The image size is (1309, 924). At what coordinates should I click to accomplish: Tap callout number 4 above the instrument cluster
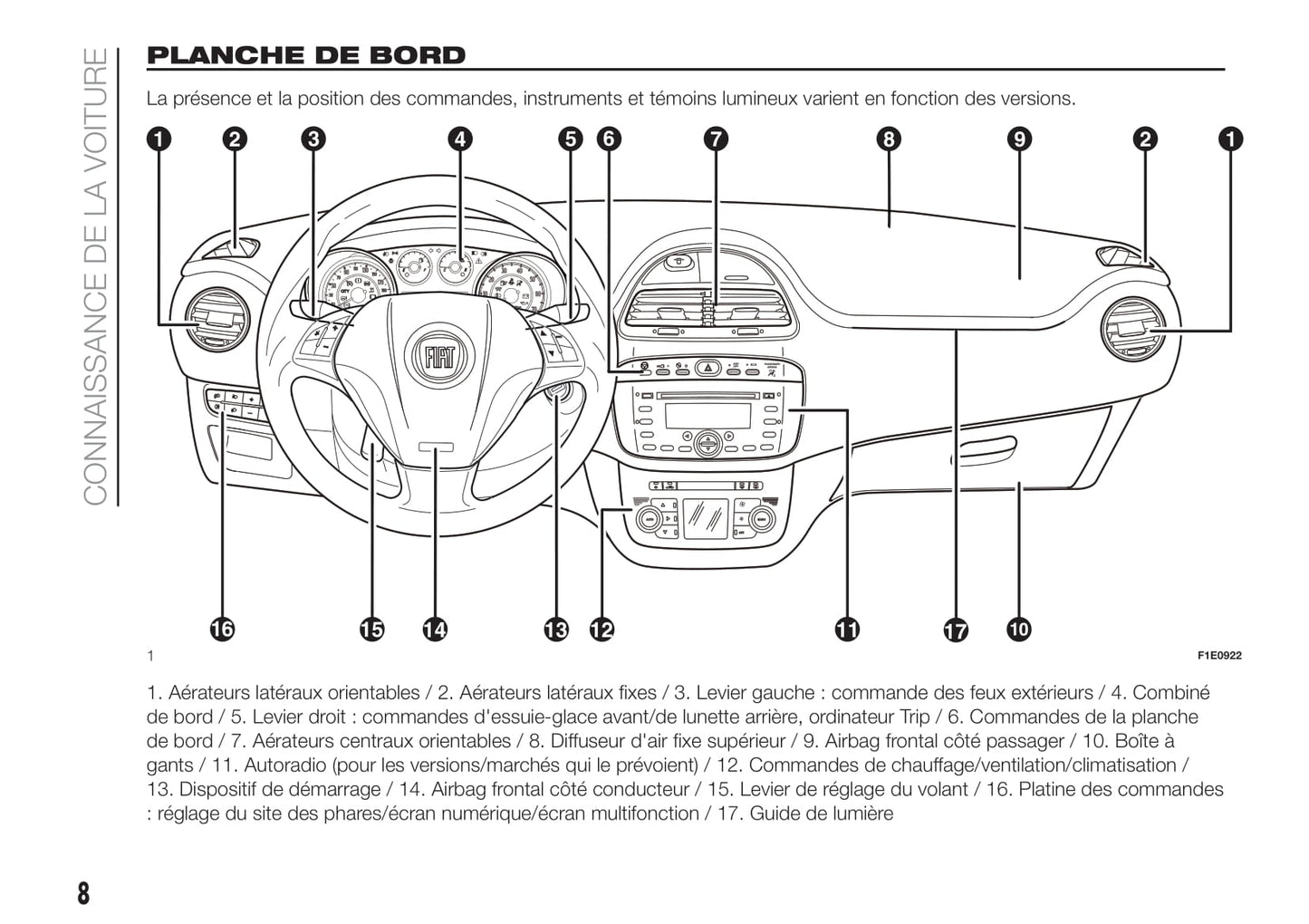[460, 139]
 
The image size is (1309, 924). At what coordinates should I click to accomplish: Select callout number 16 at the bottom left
[222, 629]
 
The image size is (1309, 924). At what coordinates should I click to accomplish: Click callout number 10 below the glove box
[1018, 629]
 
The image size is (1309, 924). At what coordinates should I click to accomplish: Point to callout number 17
[956, 630]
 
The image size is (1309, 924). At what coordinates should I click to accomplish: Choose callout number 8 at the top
[888, 139]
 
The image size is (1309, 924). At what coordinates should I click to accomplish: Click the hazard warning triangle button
[708, 368]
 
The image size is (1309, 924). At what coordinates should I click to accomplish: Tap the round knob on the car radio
[707, 443]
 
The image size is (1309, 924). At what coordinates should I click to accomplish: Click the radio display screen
[707, 415]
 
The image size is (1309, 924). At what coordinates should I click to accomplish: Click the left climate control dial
[648, 519]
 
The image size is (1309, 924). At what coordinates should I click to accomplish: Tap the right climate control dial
[760, 519]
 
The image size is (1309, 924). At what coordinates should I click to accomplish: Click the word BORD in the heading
[418, 55]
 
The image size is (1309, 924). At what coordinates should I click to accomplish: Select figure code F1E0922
[1219, 655]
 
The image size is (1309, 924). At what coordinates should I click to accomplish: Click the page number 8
[83, 893]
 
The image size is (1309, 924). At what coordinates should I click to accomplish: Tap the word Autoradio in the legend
[284, 765]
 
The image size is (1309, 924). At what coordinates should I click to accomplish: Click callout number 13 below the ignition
[556, 629]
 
